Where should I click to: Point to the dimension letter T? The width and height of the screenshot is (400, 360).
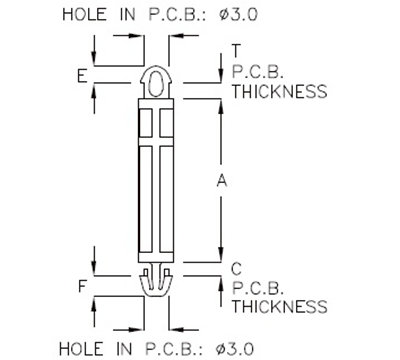(236, 51)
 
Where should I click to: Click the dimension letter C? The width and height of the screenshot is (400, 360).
(236, 268)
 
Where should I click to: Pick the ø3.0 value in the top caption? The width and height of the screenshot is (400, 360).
(238, 15)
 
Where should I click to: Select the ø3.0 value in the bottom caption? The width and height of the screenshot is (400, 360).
(238, 347)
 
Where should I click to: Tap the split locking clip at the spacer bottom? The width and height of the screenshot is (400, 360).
(155, 283)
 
